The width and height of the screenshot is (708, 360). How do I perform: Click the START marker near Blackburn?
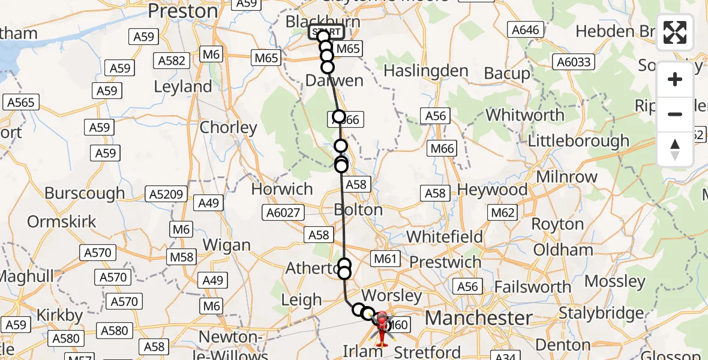pos(326,32)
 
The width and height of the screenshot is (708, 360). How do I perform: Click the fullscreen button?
pos(675,32)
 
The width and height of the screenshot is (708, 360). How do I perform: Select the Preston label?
pos(183,11)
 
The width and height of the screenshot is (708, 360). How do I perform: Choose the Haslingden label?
pos(426,71)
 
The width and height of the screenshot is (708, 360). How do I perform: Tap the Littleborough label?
pos(578,141)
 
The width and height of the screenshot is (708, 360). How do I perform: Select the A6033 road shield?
pos(574,62)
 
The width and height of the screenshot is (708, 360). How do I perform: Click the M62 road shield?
pos(503,212)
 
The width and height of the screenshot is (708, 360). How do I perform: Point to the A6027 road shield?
pos(283,212)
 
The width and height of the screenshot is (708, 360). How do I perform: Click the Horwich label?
pos(282,189)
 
